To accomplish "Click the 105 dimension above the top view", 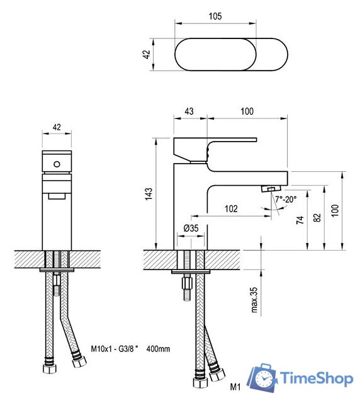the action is coord(215,16).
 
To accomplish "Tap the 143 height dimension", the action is coord(149,194).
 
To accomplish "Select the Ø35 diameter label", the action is coord(191,228).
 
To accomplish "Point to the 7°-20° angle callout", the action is coord(286,199).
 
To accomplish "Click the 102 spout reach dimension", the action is coord(231,208).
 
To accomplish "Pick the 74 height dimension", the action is coord(300,220).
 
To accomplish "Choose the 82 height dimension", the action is coord(318,218).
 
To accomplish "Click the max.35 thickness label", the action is coord(254,300).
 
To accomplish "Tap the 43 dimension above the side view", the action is coord(189,111).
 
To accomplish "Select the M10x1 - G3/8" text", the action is coord(115,349).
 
